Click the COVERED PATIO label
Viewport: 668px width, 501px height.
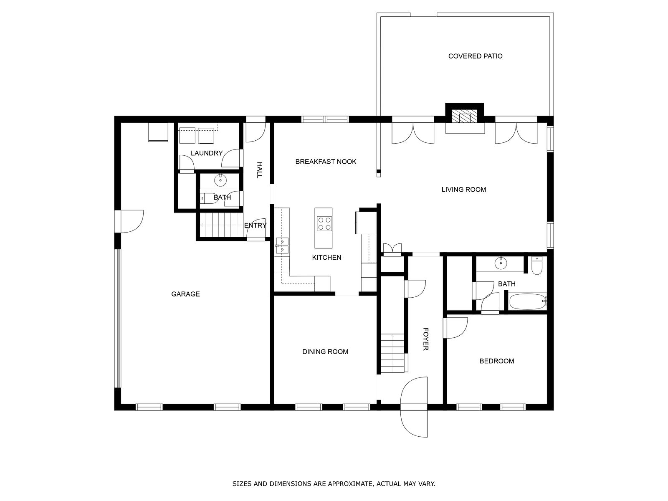pos(475,56)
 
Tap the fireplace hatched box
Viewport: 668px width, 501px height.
pos(464,116)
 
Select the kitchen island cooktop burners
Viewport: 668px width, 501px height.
pos(324,224)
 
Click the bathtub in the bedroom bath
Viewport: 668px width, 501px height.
pos(528,301)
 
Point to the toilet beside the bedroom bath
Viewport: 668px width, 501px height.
pos(536,266)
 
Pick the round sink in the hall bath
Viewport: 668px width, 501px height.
pos(220,180)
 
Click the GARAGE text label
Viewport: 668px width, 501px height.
pos(185,294)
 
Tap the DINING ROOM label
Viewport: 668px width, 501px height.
pos(325,352)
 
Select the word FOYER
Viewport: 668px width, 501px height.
pos(426,339)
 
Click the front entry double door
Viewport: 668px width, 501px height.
pos(414,407)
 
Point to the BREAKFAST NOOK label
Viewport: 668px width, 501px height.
pos(326,162)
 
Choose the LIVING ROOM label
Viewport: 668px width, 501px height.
pos(463,190)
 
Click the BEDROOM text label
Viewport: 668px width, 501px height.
pos(497,361)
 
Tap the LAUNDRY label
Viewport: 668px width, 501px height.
pos(207,153)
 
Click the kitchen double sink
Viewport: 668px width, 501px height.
pos(282,246)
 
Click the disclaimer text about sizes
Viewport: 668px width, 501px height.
pos(334,483)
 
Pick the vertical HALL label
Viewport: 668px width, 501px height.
pos(259,170)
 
